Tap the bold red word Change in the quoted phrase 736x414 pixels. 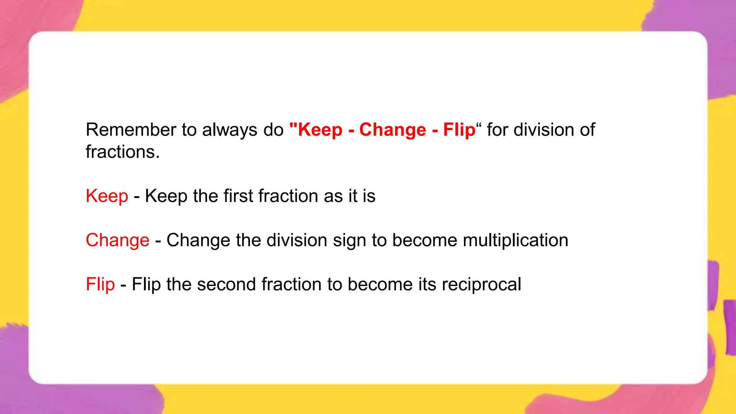[x=392, y=130]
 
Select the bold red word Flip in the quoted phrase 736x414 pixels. [x=459, y=130]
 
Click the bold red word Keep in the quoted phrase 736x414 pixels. [x=320, y=130]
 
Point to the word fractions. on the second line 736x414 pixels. [x=123, y=152]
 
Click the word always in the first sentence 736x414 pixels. [x=230, y=130]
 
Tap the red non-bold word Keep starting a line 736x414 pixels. [x=107, y=196]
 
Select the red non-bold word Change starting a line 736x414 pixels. [x=118, y=240]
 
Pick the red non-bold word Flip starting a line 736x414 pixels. [x=100, y=284]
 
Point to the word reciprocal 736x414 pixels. [x=481, y=284]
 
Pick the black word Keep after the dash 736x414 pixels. [x=166, y=196]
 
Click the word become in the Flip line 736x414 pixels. [x=380, y=284]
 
